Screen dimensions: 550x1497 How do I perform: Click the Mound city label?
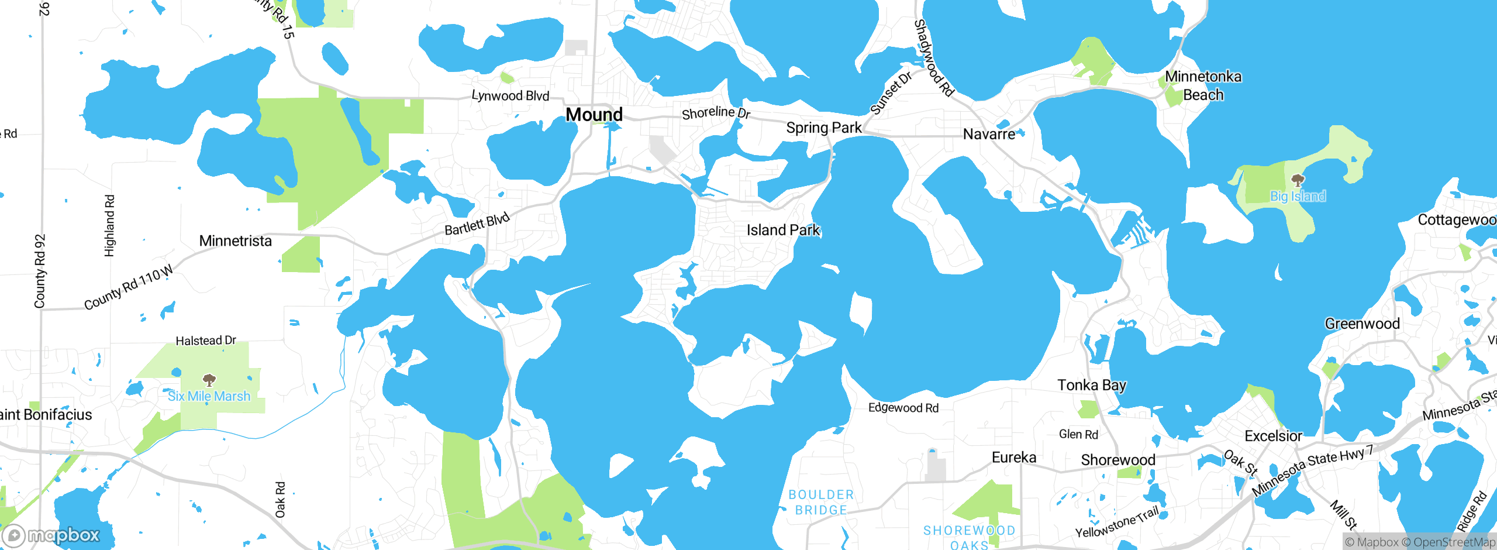(x=594, y=115)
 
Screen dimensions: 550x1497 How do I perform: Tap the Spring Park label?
(x=823, y=128)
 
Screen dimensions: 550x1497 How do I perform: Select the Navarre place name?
(x=989, y=134)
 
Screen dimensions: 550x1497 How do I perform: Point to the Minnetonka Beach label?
(x=1203, y=85)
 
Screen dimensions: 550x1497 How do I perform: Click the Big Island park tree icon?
(x=1298, y=180)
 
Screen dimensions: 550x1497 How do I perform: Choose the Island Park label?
(x=783, y=230)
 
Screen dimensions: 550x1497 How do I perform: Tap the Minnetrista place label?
(x=235, y=241)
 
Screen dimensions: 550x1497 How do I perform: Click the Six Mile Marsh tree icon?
(x=209, y=380)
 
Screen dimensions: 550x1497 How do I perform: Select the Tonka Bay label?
(x=1091, y=385)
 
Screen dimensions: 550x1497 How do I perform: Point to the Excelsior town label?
(x=1273, y=436)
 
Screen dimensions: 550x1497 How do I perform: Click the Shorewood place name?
(x=1118, y=460)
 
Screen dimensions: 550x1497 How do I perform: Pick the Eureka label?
(x=1014, y=457)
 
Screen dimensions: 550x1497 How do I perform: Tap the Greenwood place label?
(x=1362, y=324)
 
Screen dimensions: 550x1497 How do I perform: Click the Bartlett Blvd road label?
(x=477, y=225)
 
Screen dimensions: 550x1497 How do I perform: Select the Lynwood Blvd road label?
(x=511, y=95)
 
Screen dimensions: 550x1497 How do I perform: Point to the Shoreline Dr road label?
(x=716, y=112)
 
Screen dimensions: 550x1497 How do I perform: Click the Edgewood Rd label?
(x=903, y=408)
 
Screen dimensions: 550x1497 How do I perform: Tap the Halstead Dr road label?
(x=206, y=341)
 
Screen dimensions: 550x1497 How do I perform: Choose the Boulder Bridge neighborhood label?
(x=821, y=503)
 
